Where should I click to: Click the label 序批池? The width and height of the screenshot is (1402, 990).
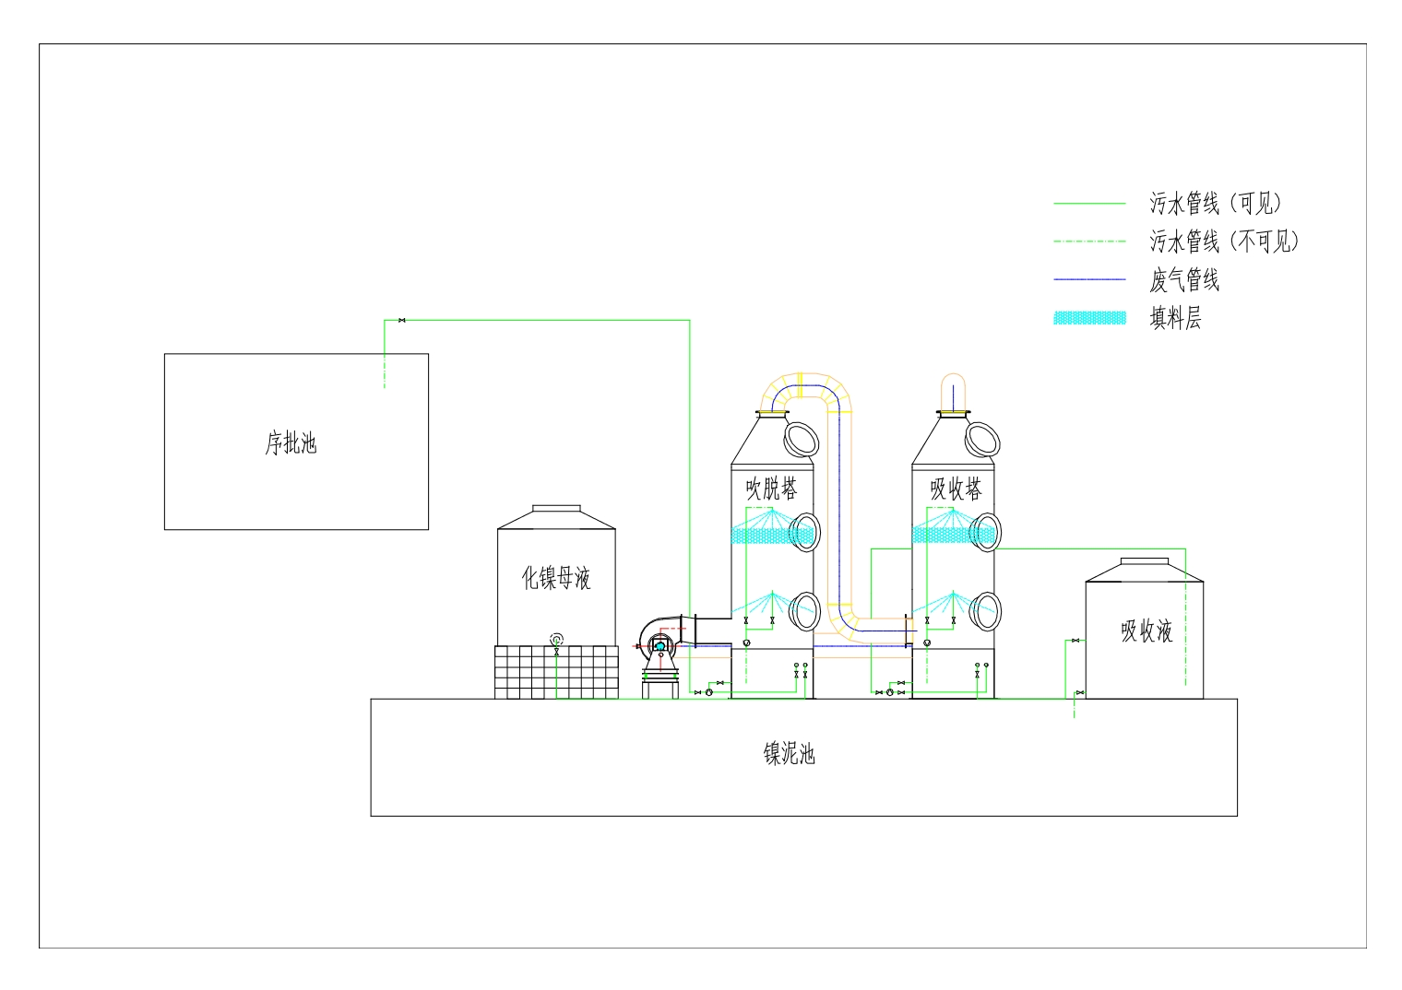click(x=291, y=443)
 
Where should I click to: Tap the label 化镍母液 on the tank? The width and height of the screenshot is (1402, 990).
click(x=556, y=578)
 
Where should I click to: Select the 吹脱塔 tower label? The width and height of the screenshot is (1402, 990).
click(x=772, y=489)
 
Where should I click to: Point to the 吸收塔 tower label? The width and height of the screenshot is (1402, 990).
click(x=956, y=489)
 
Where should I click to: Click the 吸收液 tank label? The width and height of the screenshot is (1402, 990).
click(x=1147, y=631)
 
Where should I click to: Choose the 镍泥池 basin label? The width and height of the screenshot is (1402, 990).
click(x=790, y=754)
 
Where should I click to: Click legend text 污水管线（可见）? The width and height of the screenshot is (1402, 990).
click(x=1217, y=203)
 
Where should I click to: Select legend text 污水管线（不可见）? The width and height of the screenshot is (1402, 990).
click(x=1225, y=242)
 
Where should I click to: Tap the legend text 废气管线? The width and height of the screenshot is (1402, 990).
click(x=1184, y=280)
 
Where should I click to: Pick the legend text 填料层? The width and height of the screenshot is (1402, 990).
click(x=1175, y=319)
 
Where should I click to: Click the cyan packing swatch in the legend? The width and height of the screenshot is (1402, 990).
click(x=1090, y=318)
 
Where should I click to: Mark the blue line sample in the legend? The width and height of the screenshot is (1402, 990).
click(x=1090, y=279)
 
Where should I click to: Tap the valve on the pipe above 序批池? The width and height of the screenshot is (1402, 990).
click(x=401, y=320)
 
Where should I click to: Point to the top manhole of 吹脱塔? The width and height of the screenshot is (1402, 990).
click(x=802, y=439)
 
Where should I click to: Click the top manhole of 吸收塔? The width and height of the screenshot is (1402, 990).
click(x=982, y=439)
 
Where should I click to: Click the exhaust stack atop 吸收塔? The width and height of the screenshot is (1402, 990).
click(x=953, y=392)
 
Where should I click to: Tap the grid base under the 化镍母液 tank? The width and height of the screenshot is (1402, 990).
click(x=556, y=671)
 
